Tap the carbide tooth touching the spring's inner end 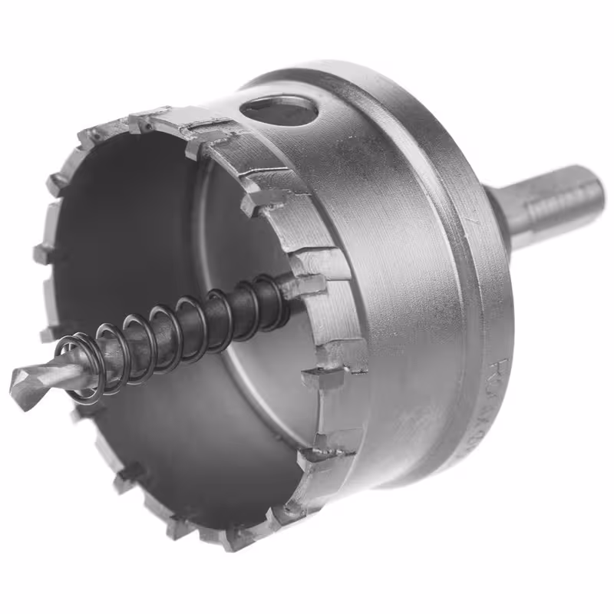click(x=303, y=286)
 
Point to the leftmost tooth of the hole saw click(x=43, y=254)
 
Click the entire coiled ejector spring click(x=177, y=330)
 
